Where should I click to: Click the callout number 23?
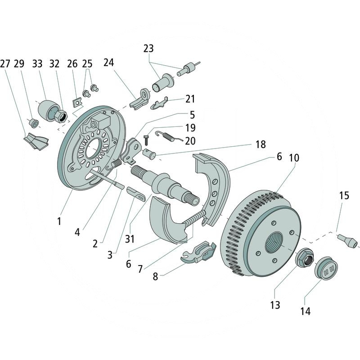coord(149,48)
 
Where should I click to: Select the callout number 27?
coord(5,64)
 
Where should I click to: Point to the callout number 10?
coord(294,158)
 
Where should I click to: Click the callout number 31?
coord(130,239)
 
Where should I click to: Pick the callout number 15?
coord(344,196)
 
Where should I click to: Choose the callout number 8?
coord(155,277)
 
